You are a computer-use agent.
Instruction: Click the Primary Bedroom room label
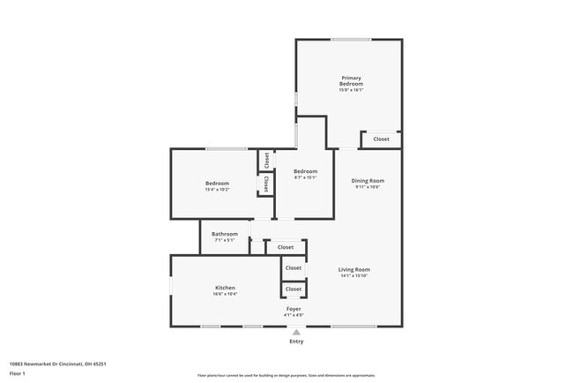[351, 80]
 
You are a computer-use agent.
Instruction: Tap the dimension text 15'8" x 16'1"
[351, 90]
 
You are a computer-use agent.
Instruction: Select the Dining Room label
[369, 180]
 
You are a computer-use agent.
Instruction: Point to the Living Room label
[355, 269]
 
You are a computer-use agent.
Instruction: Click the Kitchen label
[226, 288]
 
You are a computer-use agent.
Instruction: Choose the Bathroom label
[225, 234]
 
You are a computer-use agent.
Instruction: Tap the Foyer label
[294, 309]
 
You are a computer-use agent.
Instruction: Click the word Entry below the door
[296, 342]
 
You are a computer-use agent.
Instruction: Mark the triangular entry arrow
[296, 333]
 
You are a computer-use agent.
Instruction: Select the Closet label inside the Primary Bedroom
[381, 139]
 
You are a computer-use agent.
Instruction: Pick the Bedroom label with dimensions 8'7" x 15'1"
[305, 171]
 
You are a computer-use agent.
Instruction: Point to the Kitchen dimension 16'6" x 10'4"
[226, 294]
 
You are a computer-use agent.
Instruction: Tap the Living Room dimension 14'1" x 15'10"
[355, 276]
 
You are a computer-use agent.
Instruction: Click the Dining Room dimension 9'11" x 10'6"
[369, 186]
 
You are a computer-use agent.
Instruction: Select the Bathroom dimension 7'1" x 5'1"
[225, 240]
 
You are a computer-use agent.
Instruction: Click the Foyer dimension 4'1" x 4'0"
[294, 315]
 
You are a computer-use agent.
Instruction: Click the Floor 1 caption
[18, 373]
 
